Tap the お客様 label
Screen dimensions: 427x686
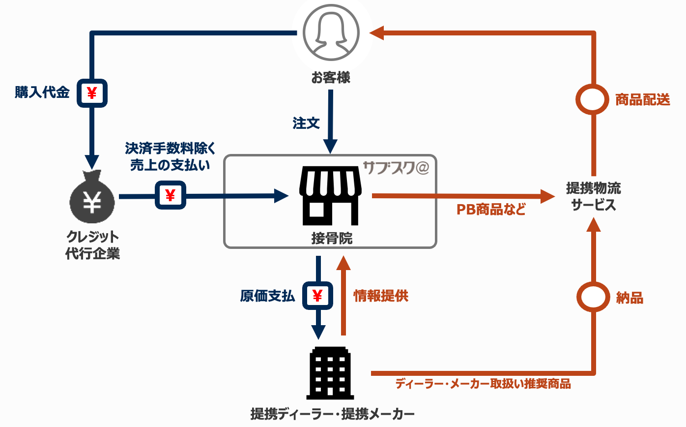(331, 78)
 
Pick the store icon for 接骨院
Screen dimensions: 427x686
(331, 196)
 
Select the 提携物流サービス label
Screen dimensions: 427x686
(594, 196)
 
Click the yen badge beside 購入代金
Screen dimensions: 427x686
(92, 92)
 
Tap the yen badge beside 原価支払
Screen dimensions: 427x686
(317, 296)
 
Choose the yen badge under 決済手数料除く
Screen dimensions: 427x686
(171, 196)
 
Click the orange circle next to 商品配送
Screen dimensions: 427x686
(594, 100)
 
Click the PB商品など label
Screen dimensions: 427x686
(491, 210)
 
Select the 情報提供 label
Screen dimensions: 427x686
(381, 296)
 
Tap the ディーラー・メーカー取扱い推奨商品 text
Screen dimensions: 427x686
(483, 384)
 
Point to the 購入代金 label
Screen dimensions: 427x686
(42, 92)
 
